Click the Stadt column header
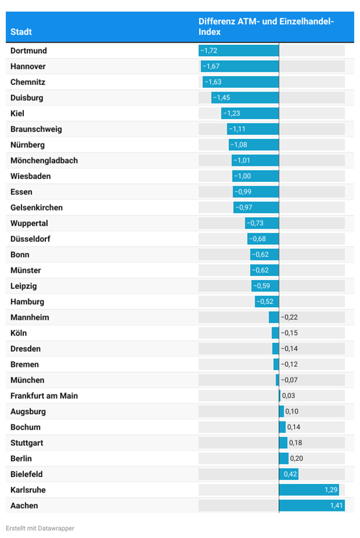[22, 32]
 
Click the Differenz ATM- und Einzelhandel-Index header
[266, 26]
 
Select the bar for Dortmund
[239, 51]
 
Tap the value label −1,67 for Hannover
[212, 66]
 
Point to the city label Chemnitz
[28, 82]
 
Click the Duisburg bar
[245, 98]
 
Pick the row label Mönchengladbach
[44, 160]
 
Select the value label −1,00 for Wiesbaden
[243, 176]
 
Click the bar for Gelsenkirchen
[257, 208]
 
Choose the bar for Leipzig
[266, 286]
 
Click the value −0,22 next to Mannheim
[289, 317]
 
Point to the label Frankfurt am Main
[44, 396]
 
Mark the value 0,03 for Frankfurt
[288, 396]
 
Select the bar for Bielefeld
[289, 474]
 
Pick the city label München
[28, 380]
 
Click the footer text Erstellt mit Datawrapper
[40, 528]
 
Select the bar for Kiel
[250, 114]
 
